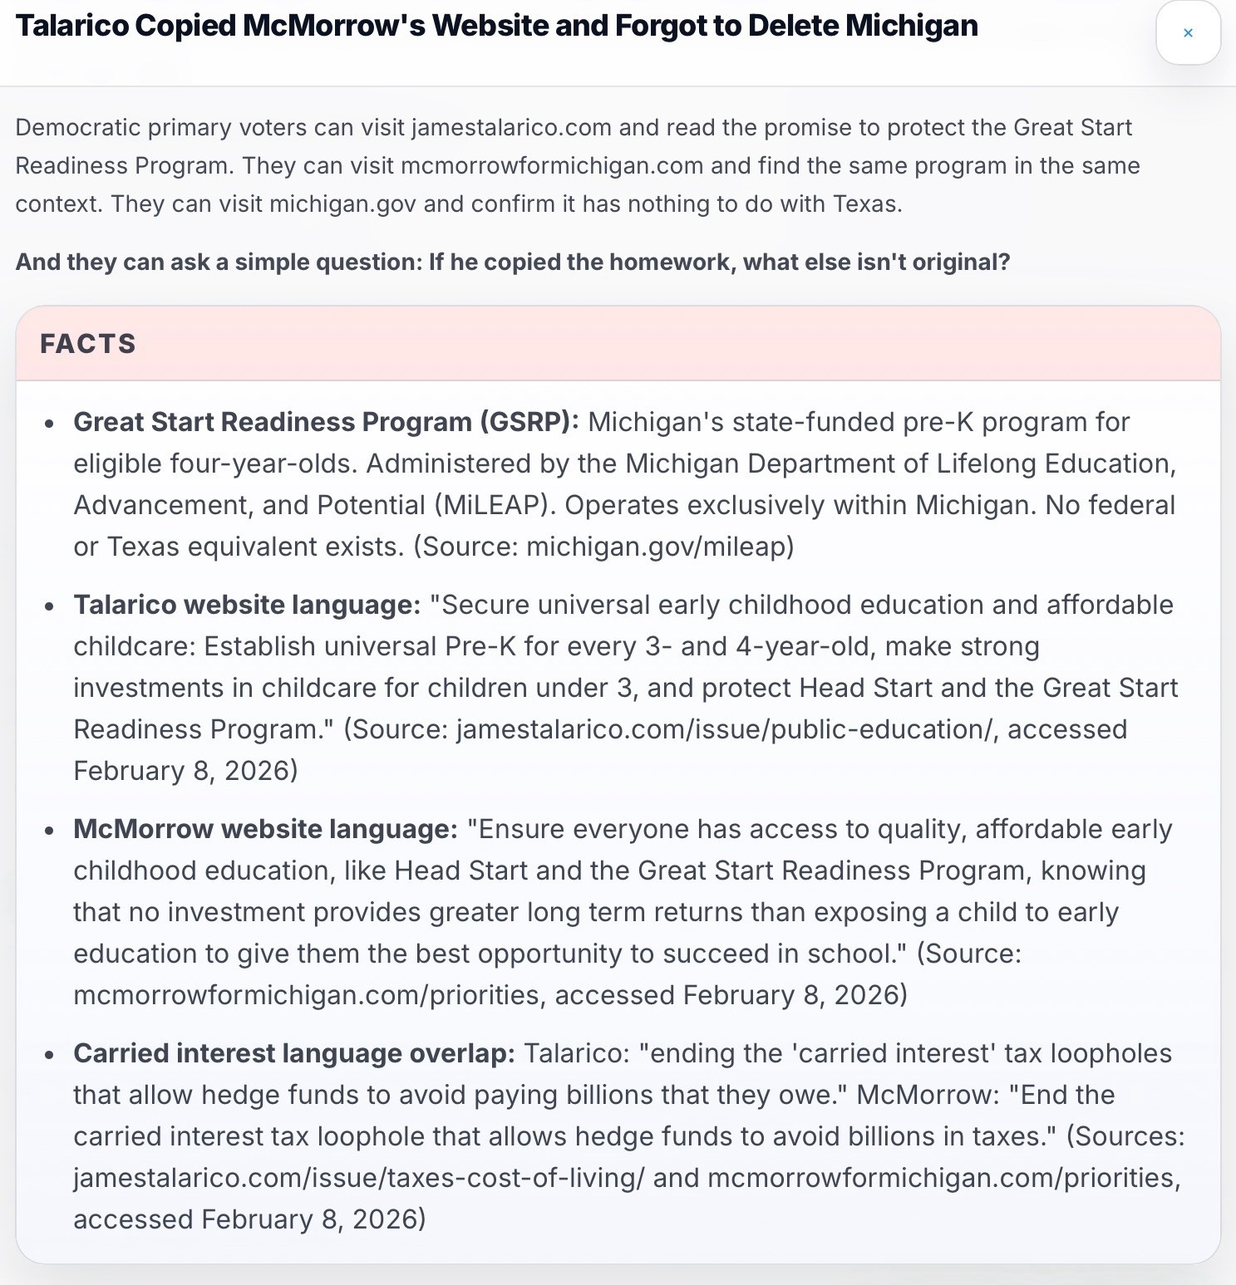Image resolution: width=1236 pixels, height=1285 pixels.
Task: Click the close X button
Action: tap(1188, 33)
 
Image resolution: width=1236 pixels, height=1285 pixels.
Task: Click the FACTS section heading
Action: tap(88, 344)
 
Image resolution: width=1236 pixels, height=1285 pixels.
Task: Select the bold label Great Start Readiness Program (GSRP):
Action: tap(326, 422)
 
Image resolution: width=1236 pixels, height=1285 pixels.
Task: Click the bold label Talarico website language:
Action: tap(247, 605)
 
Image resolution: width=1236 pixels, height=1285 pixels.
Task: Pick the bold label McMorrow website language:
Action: tap(265, 829)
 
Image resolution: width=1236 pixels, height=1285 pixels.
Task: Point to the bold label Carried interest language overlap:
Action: tap(294, 1053)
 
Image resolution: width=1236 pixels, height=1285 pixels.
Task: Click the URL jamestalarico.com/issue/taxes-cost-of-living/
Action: tap(358, 1178)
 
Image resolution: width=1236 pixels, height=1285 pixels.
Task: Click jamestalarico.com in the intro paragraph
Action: tap(511, 128)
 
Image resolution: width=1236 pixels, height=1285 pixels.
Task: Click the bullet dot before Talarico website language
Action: tap(50, 606)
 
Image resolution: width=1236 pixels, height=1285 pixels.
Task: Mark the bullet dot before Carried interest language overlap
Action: tap(50, 1055)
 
